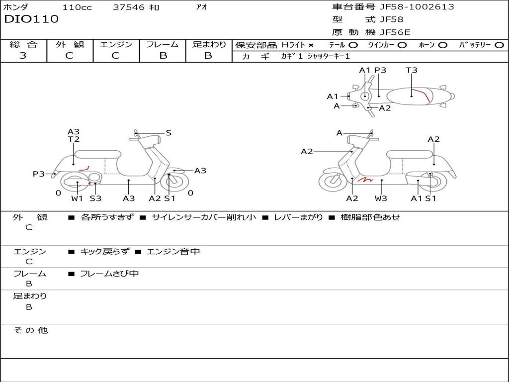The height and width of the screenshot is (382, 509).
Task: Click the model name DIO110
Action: click(31, 19)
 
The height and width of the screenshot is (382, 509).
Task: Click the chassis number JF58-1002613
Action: click(417, 7)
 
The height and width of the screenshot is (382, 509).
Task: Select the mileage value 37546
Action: click(129, 7)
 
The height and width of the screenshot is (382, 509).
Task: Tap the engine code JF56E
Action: click(395, 32)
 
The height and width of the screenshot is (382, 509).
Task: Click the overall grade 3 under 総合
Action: click(23, 55)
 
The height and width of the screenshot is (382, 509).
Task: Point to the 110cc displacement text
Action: click(77, 7)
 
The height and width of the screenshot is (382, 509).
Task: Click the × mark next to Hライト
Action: click(311, 45)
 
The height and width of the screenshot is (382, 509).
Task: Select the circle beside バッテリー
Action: click(499, 45)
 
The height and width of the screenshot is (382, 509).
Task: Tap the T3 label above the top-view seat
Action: click(411, 70)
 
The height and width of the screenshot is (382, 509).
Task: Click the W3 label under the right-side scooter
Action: click(381, 198)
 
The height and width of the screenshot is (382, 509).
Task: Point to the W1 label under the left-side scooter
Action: click(77, 198)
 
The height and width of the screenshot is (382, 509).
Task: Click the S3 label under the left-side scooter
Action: click(95, 198)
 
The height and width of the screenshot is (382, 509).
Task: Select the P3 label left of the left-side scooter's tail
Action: click(39, 174)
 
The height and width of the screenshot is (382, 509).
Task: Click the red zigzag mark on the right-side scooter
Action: click(365, 179)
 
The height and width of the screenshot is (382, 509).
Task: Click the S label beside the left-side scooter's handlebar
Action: click(168, 133)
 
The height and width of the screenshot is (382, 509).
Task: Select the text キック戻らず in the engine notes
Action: click(104, 251)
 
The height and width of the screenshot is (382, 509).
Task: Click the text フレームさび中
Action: click(109, 274)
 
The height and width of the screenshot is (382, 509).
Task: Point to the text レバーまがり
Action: click(299, 217)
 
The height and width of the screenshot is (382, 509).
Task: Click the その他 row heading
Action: click(30, 330)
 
